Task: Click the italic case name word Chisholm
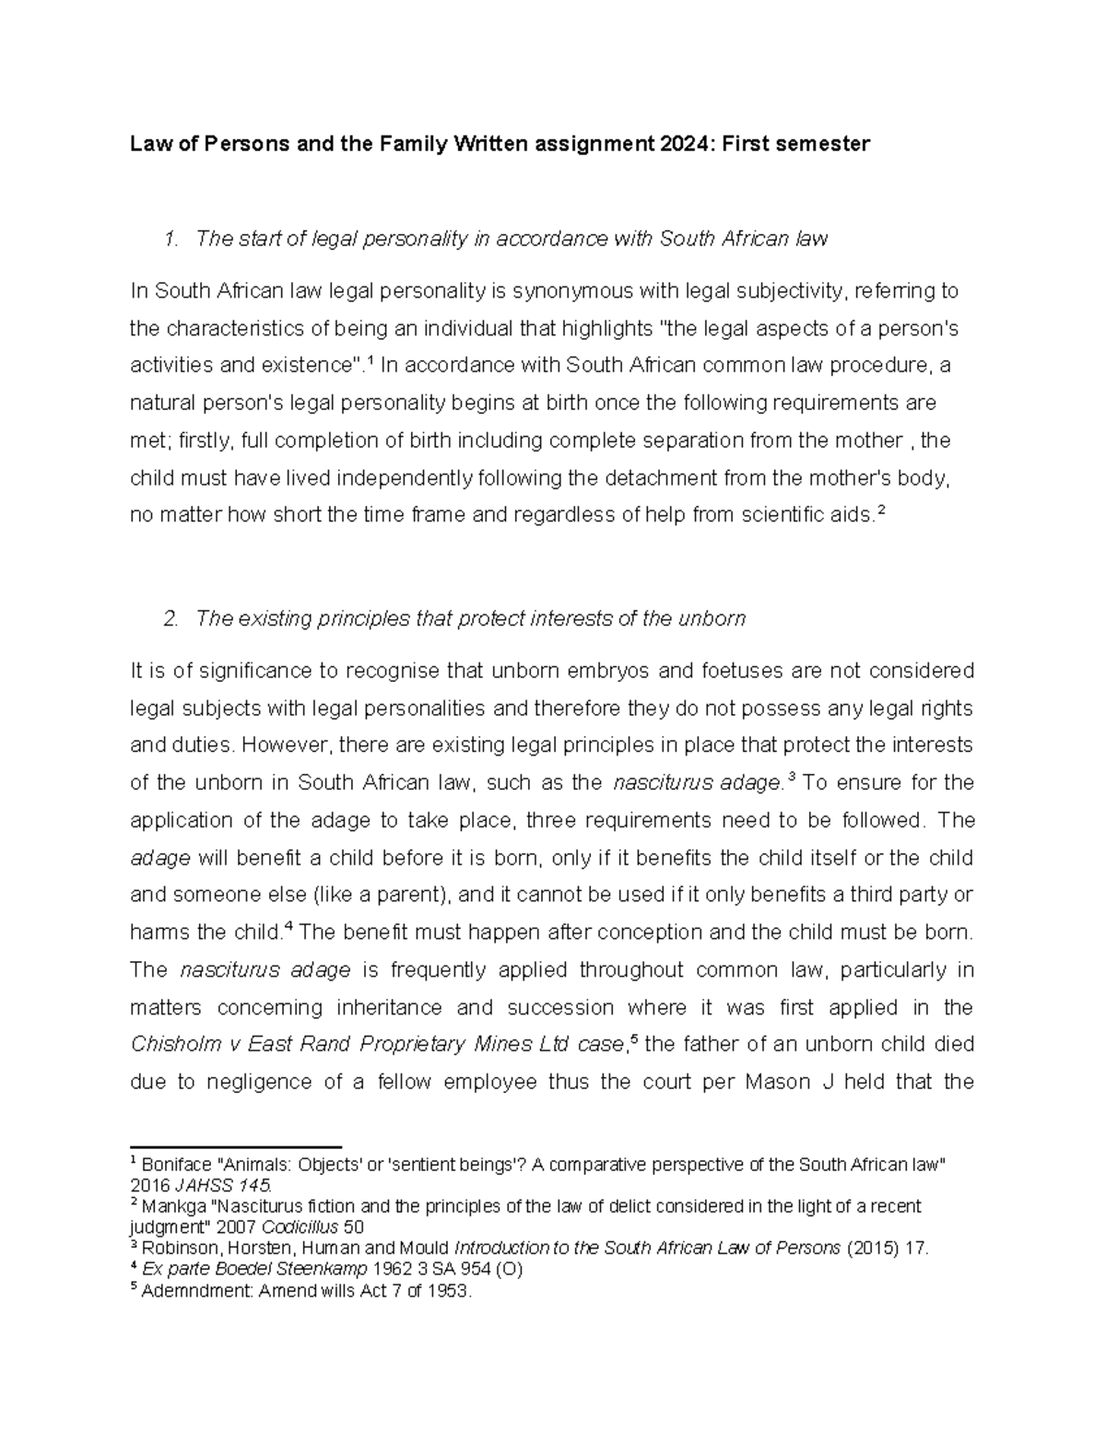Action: pos(173,1045)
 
